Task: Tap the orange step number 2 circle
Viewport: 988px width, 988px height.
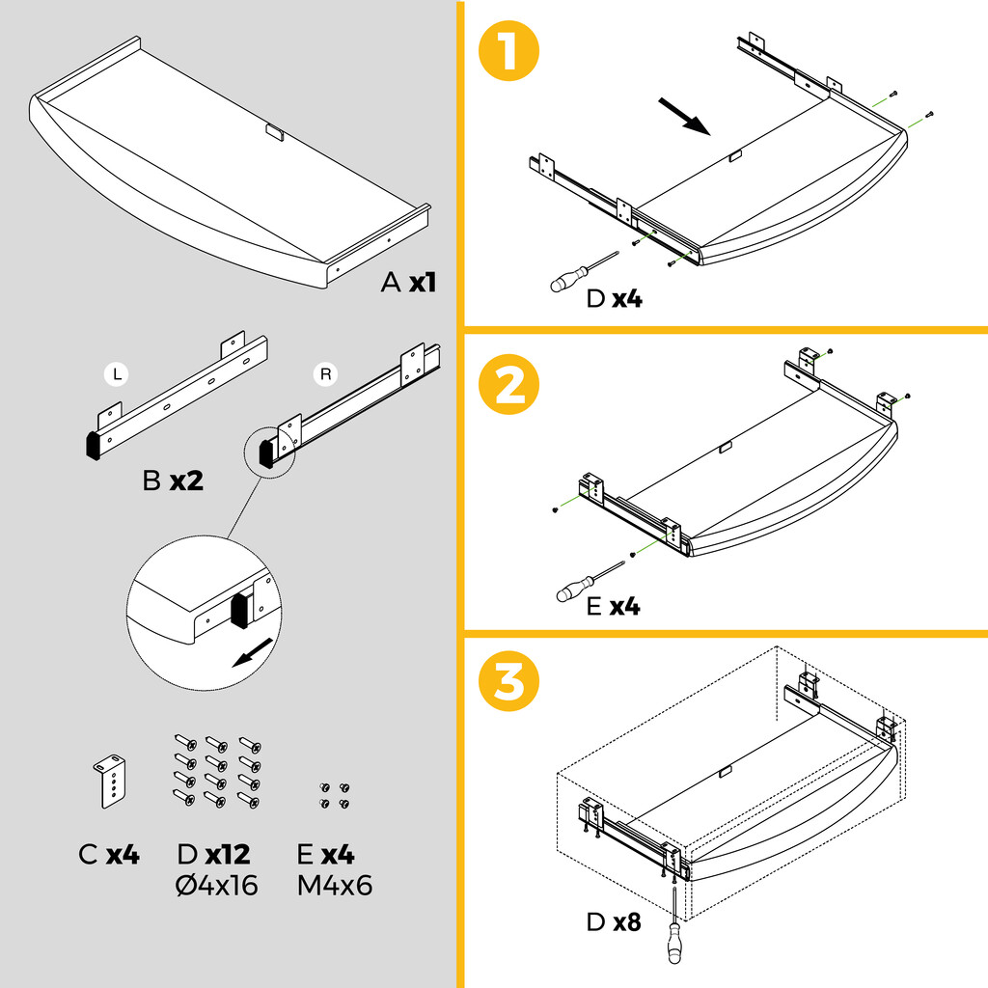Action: [508, 387]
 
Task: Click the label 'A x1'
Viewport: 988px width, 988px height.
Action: [409, 283]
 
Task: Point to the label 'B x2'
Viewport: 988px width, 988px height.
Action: [173, 480]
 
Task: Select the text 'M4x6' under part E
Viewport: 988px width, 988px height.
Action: [335, 886]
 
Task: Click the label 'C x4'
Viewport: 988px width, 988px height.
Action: [109, 855]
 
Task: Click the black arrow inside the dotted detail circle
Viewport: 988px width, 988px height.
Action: [251, 657]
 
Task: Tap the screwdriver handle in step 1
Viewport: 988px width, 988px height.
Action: [563, 282]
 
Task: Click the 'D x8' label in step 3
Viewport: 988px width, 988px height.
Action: [614, 922]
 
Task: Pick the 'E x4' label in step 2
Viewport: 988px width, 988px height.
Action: [613, 607]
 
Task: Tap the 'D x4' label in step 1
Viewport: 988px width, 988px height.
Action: [614, 299]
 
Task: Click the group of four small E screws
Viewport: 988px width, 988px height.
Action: [334, 795]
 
